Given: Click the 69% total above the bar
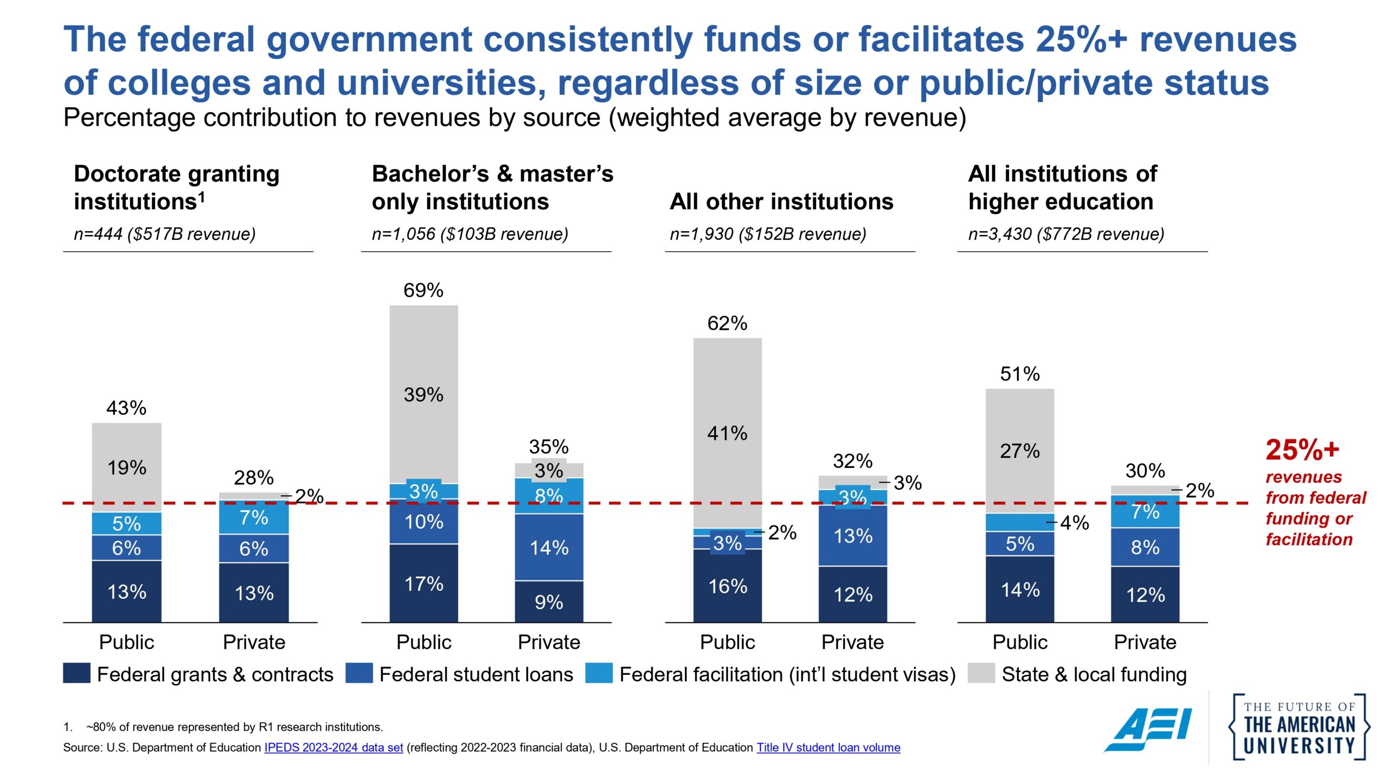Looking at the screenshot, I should [x=423, y=290].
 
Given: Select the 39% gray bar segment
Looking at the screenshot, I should [x=423, y=394].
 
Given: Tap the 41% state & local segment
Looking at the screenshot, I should [x=727, y=433].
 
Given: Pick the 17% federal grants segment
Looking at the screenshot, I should [x=423, y=584].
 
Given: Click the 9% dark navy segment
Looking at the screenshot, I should [x=549, y=601].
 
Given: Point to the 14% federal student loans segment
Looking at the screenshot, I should [x=549, y=547].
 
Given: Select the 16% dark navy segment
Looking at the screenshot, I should [x=727, y=586].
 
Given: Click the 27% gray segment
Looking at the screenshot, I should [x=1019, y=450].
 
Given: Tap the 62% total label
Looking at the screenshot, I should [x=727, y=323].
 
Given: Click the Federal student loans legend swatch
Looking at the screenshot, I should [x=359, y=673].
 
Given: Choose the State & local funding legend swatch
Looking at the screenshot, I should [x=981, y=673].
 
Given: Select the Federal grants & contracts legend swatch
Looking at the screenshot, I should [x=76, y=673].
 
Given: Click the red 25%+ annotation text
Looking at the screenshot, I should [x=1302, y=450].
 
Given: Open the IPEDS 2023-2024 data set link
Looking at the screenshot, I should [x=333, y=747].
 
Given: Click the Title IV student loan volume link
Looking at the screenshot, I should [x=828, y=747].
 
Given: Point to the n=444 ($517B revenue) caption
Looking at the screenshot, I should [x=164, y=234].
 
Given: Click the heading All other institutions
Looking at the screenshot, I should [x=781, y=201].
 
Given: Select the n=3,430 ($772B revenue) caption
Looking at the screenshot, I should [x=1066, y=234].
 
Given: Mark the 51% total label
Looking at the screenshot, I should [x=1019, y=374].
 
